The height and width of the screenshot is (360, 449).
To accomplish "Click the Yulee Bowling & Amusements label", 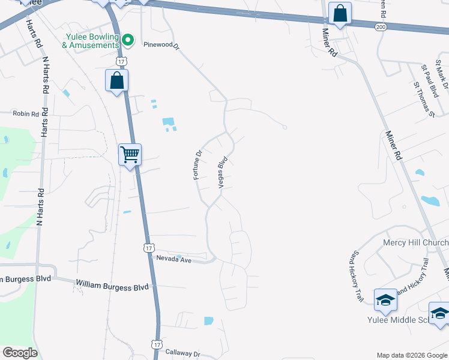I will click(x=92, y=41).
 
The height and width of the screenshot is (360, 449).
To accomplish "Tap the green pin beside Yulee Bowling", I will click(x=127, y=41).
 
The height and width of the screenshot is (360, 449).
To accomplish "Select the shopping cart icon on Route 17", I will click(x=130, y=155).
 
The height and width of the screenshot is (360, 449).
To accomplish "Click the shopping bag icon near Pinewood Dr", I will click(x=116, y=80).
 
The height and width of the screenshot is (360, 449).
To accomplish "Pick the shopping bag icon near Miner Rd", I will click(x=340, y=13).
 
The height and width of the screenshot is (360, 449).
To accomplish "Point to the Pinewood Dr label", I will click(x=161, y=44).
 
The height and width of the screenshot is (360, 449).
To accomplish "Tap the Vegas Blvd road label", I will click(x=223, y=173).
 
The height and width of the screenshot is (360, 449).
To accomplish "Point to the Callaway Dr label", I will click(x=182, y=355).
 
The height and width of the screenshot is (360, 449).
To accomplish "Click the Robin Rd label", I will click(x=26, y=113).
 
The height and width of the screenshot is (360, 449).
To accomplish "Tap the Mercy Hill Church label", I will click(x=415, y=243).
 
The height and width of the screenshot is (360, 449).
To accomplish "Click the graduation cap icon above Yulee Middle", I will click(x=385, y=300).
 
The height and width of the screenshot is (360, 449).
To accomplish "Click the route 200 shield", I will click(x=380, y=27).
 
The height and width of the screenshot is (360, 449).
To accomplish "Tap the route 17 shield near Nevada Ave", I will click(x=149, y=248).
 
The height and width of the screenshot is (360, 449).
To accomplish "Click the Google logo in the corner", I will click(x=20, y=353).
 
